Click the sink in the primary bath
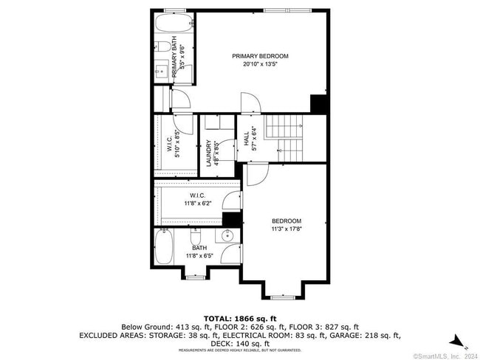162,72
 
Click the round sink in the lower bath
227,236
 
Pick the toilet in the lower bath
196,238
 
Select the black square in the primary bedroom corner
319,104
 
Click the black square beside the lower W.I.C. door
232,219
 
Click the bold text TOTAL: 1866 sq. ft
239,316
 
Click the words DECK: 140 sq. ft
240,344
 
